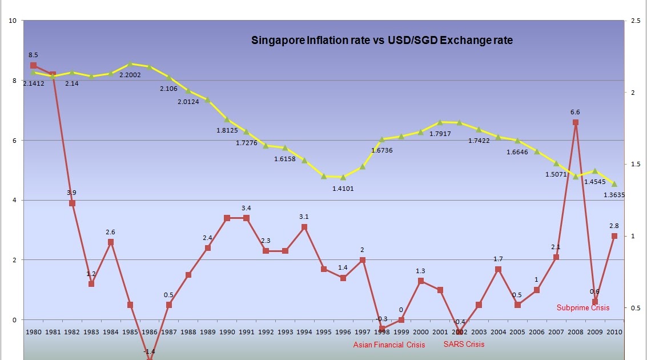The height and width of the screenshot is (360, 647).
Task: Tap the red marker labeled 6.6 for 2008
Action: [x=576, y=122]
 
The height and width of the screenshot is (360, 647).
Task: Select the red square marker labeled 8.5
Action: [x=34, y=66]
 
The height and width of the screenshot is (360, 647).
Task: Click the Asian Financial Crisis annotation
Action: [x=389, y=345]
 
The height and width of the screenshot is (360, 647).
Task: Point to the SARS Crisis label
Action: [x=464, y=344]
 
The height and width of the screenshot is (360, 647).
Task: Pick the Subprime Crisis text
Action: [x=583, y=307]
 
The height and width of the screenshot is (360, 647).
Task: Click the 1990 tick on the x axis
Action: [x=227, y=331]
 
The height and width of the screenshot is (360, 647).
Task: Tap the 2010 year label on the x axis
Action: [x=614, y=331]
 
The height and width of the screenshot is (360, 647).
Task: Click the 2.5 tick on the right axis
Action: [x=634, y=21]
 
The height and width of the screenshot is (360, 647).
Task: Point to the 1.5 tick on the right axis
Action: [x=634, y=165]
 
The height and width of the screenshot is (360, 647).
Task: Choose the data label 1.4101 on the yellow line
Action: [x=343, y=188]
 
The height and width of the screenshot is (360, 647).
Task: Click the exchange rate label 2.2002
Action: [x=131, y=75]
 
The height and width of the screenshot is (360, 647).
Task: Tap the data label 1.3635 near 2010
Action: [x=614, y=195]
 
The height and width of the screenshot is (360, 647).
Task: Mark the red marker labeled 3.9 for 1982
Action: [x=73, y=203]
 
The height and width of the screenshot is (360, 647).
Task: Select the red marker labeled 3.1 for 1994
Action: [x=304, y=227]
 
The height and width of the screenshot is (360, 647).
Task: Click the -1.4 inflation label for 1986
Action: [x=150, y=352]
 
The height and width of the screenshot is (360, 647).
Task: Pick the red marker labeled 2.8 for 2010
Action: [x=614, y=236]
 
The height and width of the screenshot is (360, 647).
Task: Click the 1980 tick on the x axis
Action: [x=34, y=331]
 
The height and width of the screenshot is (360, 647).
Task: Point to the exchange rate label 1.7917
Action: [x=440, y=134]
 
